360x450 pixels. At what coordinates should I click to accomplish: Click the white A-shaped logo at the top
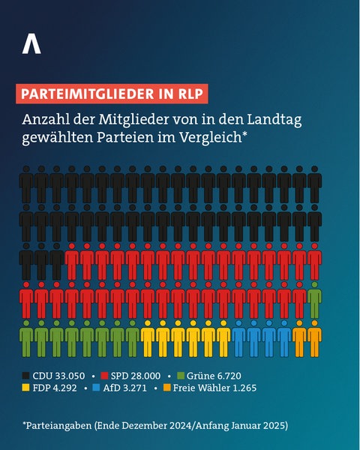(31, 44)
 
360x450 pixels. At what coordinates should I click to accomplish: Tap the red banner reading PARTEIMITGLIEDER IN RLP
(110, 94)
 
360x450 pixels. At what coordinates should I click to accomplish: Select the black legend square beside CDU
(26, 374)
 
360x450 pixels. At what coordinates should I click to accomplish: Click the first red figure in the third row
(73, 262)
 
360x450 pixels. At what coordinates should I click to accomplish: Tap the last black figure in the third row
(57, 262)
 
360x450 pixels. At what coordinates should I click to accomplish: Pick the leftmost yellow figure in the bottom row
(148, 338)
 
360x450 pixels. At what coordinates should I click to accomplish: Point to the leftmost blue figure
(238, 338)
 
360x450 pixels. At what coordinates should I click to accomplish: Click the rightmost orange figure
(314, 338)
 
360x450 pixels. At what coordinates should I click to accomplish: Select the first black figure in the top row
(27, 184)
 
